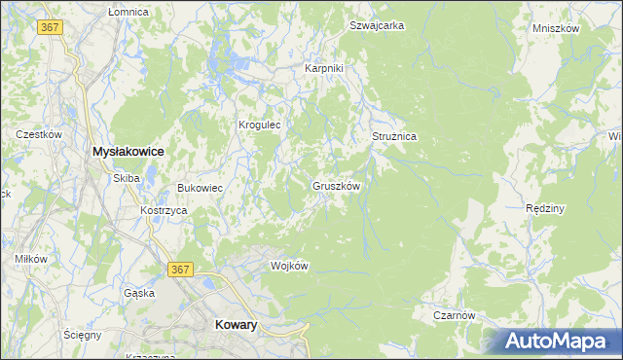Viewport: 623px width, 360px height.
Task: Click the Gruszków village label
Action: pos(337,185)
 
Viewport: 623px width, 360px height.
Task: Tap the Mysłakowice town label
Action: pos(127,152)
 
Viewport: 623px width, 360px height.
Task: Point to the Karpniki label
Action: pos(324,68)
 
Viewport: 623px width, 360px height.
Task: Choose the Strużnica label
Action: pos(394,137)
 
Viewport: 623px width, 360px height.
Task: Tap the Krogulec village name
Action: pos(260,125)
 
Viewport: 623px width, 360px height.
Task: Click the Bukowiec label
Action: pos(200,187)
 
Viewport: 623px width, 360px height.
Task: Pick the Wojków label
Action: pos(289,266)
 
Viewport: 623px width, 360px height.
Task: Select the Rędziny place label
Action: pos(545,208)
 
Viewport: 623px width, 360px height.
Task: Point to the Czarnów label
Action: pos(454,315)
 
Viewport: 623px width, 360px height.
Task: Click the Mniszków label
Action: pos(556,28)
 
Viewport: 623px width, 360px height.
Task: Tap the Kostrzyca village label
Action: pos(163,210)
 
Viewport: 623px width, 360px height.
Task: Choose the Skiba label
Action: pos(127,178)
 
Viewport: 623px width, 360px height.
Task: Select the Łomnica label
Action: pos(128,12)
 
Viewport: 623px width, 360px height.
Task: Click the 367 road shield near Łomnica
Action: pos(52,27)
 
